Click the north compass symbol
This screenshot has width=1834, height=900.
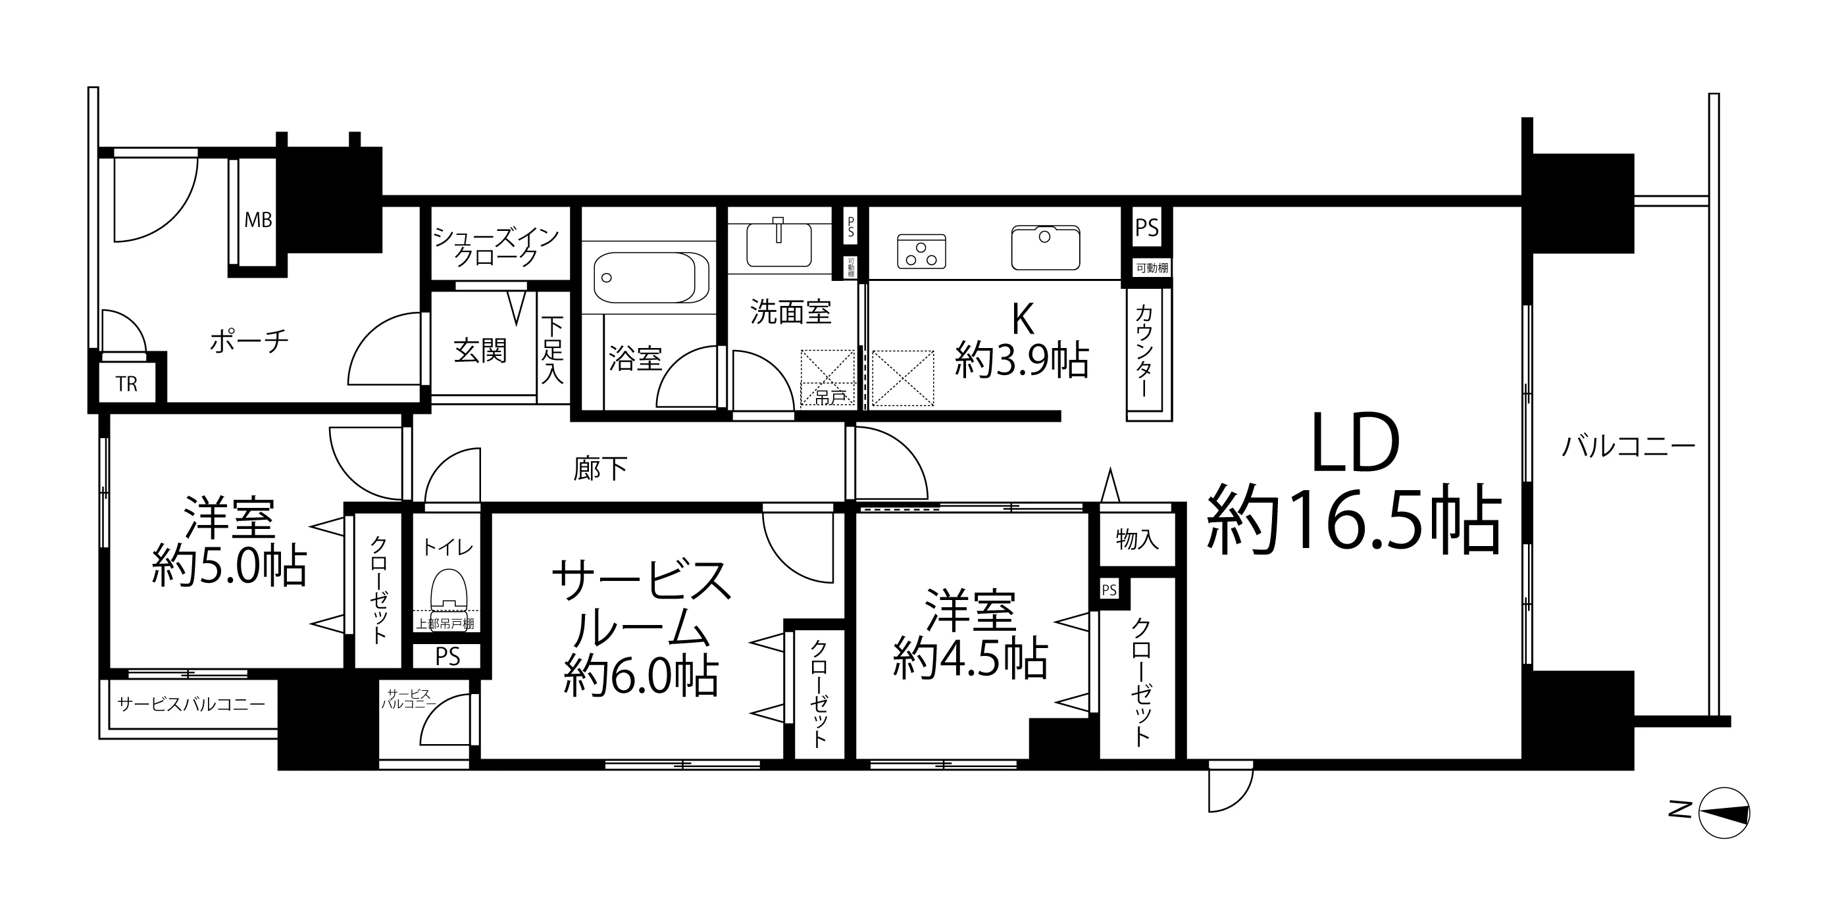pos(1723,813)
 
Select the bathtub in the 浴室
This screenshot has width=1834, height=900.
pos(651,278)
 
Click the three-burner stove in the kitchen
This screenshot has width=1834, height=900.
pos(921,251)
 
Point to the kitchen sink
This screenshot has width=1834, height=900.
pos(1045,247)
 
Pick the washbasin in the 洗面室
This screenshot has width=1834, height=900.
pos(778,242)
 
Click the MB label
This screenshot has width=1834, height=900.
pos(259,220)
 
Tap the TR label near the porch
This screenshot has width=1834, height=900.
pos(127,384)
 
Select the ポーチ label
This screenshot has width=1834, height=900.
pos(249,343)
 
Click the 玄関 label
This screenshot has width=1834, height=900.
pos(480,351)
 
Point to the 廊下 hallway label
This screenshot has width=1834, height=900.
pos(600,468)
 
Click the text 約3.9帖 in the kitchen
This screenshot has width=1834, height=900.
pos(1022,361)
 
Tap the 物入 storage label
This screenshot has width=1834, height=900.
pos(1137,539)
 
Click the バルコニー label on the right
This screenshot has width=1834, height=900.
pos(1629,447)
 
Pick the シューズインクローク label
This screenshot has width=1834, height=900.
pos(496,245)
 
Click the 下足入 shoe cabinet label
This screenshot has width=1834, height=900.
pos(553,349)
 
